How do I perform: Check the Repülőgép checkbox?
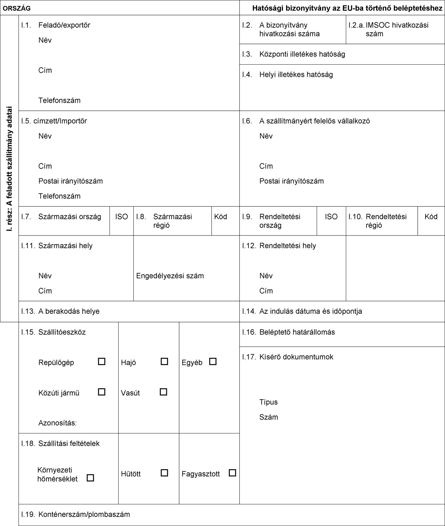point(101,362)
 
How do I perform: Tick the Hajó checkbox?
point(164,362)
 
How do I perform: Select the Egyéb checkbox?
point(213,362)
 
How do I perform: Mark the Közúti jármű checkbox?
point(101,392)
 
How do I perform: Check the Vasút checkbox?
point(163,392)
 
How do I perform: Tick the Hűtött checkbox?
point(164,473)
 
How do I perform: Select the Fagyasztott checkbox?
point(232,473)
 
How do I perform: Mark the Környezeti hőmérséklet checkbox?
point(90,478)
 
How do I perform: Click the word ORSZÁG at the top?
point(17,9)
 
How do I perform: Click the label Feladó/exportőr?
point(64,25)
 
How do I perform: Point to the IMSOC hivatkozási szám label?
point(397,29)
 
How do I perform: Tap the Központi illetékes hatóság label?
point(302,54)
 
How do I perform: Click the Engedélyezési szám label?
point(170,276)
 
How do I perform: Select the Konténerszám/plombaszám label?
point(84,514)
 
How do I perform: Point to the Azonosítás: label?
point(58,423)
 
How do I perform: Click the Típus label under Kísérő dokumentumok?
point(268,402)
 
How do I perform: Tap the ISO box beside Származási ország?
point(121,217)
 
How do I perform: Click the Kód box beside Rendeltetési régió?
point(431,217)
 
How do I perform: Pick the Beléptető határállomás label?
point(297,332)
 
